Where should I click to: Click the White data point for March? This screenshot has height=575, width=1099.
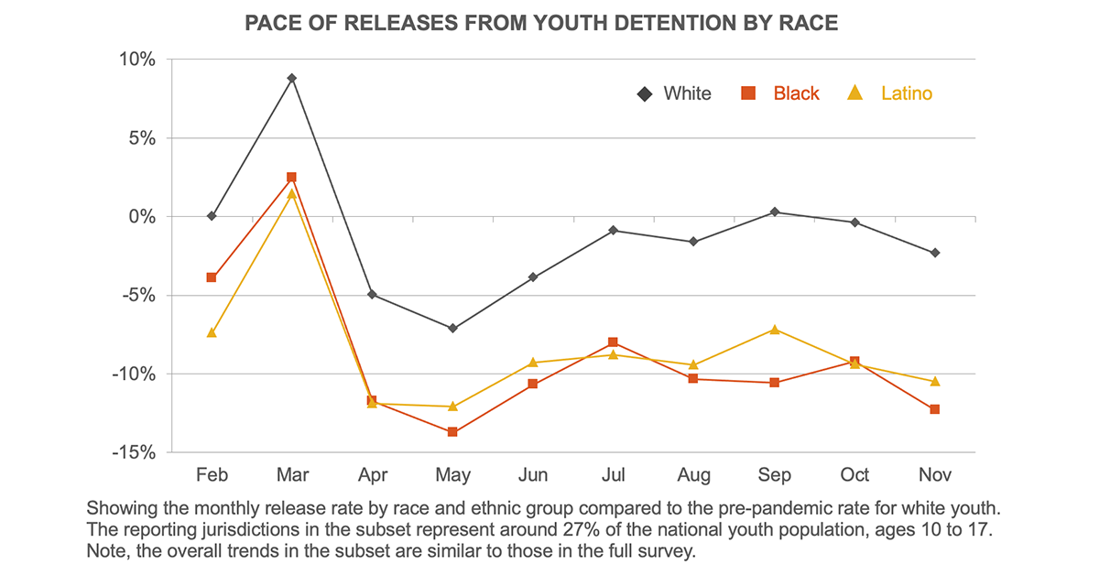pos(291,79)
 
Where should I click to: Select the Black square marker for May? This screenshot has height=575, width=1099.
pos(452,432)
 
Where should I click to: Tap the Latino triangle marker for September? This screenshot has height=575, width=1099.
pos(775,330)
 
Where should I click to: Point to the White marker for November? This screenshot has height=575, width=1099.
pos(935,253)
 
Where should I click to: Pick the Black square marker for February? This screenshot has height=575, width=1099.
pos(212,277)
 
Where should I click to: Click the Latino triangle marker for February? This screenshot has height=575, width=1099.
pos(212,332)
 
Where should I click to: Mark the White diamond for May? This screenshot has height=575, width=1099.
pos(452,328)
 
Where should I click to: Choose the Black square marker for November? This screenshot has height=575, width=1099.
pos(935,409)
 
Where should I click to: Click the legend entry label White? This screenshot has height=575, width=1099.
pos(687,93)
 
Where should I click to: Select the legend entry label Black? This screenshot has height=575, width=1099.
pos(796,93)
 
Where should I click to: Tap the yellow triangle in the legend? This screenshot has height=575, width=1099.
pos(855,92)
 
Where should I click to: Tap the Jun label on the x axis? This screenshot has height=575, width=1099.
pos(533,475)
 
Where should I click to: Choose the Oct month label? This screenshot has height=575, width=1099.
pos(854,475)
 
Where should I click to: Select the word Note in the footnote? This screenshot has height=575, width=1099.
pos(105,552)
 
